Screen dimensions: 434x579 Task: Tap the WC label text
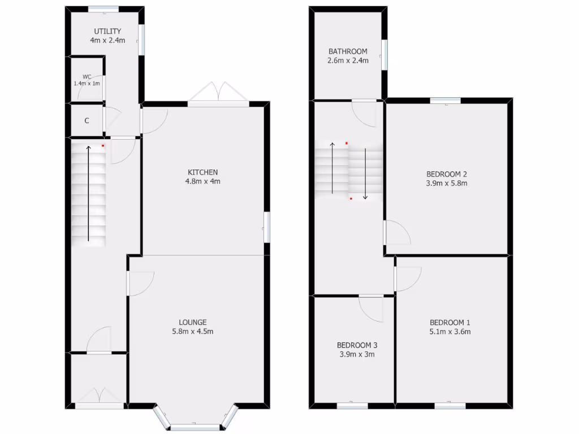point(87,76)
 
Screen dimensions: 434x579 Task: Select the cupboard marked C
point(87,120)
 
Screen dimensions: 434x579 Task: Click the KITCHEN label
point(203,172)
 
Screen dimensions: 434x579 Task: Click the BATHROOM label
point(348,51)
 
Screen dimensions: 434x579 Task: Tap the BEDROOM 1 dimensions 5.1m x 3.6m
point(450,332)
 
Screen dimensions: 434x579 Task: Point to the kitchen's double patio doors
point(218,94)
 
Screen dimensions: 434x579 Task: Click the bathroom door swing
point(364,112)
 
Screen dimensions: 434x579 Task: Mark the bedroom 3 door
point(371,307)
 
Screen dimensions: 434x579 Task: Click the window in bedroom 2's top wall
point(445,101)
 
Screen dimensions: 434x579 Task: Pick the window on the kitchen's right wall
point(267,228)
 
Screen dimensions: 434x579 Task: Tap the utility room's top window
point(103,8)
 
